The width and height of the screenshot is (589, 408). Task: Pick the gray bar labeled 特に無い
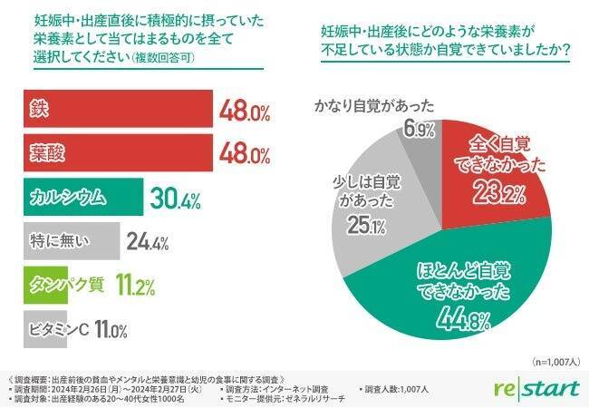click(68, 241)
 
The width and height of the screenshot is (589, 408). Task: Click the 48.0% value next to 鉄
click(245, 114)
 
